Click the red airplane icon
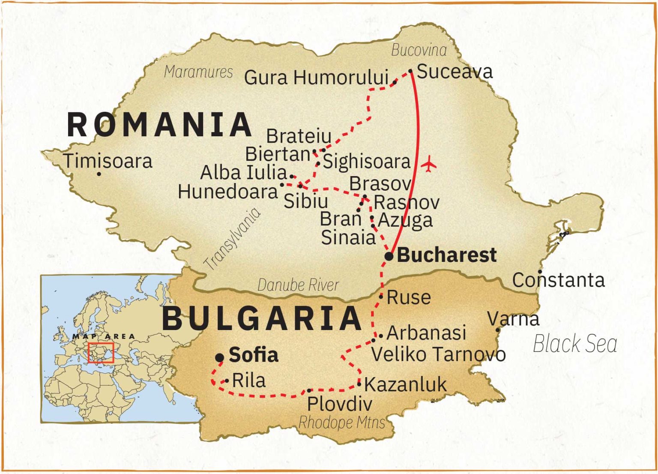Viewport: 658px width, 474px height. coord(428,164)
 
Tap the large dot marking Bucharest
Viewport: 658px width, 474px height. coord(389,256)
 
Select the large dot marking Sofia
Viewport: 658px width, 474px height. coord(220,357)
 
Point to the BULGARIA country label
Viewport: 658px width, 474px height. coord(262,318)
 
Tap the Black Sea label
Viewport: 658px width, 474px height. coord(574,344)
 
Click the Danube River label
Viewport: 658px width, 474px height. coord(298,285)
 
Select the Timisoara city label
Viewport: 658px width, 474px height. coord(108,161)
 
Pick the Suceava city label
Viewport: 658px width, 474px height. coord(455,71)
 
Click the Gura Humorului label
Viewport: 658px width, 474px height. coord(316,78)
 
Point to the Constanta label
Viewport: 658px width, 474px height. coord(558,280)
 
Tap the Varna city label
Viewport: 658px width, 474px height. coord(513,319)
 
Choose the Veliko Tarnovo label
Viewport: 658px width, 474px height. coord(438,354)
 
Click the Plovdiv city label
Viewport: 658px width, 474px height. coord(339,404)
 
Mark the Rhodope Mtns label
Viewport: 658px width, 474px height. coord(342,423)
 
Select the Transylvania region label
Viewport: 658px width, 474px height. coord(232,239)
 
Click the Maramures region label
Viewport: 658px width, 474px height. coord(198,72)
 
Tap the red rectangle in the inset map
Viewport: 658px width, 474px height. coord(101,353)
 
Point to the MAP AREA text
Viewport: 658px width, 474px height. coord(103,336)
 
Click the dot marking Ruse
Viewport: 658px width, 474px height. coord(381,296)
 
